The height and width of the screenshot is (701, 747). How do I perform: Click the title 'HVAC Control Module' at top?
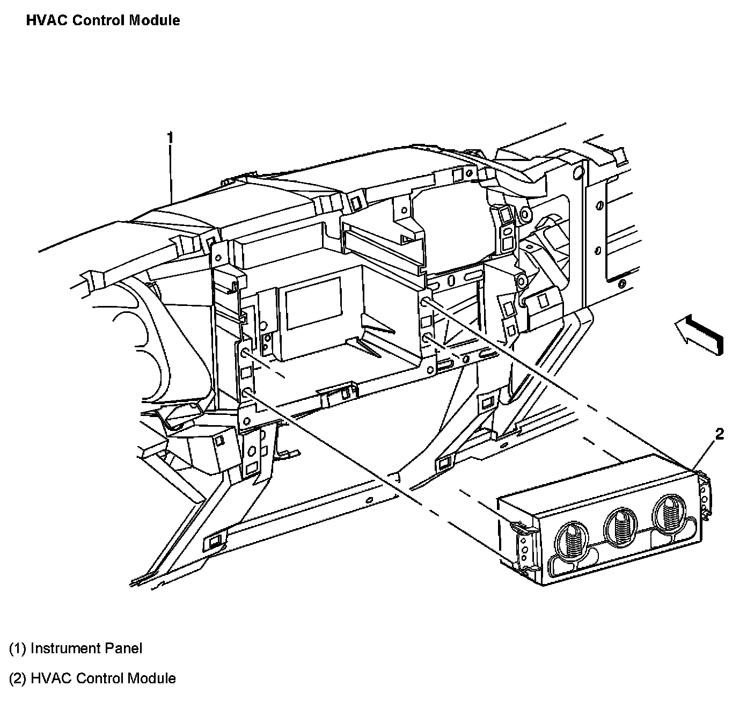102,20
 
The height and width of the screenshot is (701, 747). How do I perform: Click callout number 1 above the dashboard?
170,138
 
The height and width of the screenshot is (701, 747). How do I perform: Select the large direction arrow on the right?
699,334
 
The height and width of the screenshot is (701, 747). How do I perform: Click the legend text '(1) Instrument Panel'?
76,648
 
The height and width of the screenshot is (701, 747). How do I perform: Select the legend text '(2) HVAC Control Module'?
92,678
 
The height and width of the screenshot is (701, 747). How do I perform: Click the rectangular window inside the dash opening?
313,304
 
